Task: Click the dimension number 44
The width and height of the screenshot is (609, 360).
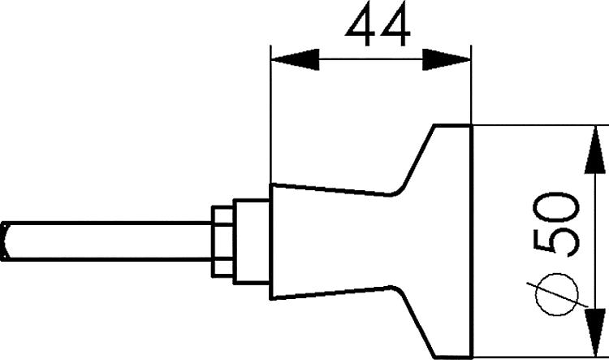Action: pos(378,24)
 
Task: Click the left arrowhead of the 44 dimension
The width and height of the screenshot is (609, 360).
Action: pos(295,59)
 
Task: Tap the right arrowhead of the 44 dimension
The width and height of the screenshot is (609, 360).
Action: pos(447,59)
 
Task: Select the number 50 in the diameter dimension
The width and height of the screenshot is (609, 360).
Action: pos(556,224)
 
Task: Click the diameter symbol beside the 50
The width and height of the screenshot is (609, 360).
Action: pos(556,294)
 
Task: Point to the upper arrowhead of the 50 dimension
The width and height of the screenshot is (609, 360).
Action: pos(595,150)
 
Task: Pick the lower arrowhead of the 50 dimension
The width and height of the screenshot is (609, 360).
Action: pos(595,332)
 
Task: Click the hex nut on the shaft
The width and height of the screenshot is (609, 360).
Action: pos(222,242)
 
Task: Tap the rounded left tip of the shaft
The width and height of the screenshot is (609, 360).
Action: pos(4,241)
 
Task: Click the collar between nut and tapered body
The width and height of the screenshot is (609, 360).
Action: pos(252,242)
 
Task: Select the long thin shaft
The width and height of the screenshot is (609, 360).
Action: pos(107,241)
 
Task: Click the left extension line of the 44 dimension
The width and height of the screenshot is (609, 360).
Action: pos(270,115)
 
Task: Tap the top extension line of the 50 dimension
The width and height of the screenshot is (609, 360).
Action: pos(540,125)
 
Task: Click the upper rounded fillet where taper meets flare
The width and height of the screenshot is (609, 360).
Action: pos(396,192)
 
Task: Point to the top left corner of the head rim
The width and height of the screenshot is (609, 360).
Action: pos(434,125)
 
